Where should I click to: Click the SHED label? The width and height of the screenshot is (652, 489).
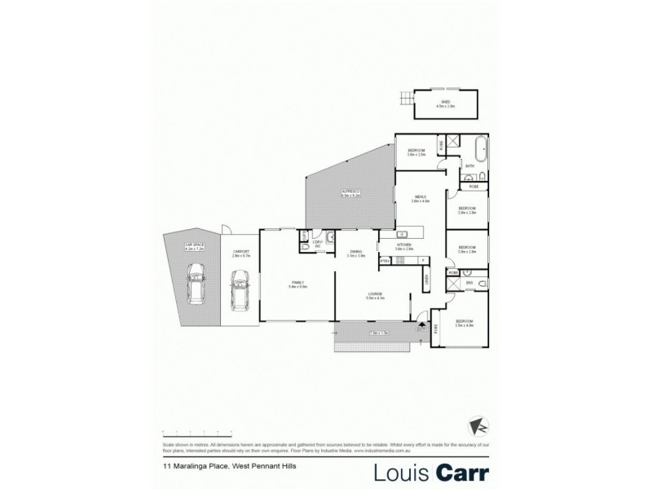(443, 103)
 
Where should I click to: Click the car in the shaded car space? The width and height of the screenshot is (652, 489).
(196, 285)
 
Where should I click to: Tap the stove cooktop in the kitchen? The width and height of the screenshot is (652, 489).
(399, 260)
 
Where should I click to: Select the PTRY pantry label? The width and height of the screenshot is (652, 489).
(384, 260)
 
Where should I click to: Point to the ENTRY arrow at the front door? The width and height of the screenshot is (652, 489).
(421, 325)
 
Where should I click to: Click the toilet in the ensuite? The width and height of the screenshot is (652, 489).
(483, 283)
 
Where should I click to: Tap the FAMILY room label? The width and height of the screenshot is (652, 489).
(297, 284)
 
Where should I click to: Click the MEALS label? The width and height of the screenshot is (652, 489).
(421, 197)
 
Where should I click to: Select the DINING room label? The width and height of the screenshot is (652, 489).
(355, 252)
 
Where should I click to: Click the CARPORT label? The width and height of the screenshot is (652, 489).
(240, 252)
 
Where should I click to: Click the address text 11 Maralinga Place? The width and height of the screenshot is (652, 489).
(194, 467)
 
